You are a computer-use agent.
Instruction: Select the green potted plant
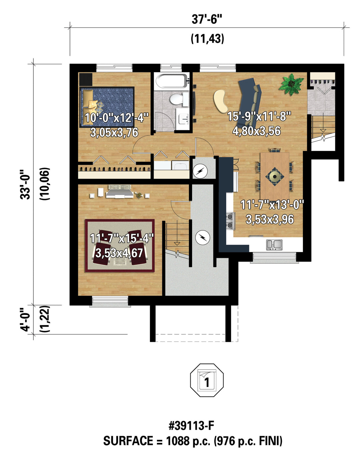[291, 84]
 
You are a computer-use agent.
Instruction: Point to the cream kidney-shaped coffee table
[221, 101]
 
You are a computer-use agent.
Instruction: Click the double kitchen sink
[274, 245]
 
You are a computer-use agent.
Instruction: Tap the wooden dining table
[275, 176]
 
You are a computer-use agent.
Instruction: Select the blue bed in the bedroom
[107, 107]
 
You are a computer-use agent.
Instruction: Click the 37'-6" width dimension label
[207, 20]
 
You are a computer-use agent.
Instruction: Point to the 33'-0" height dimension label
[25, 184]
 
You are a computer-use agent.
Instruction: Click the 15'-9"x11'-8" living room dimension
[259, 117]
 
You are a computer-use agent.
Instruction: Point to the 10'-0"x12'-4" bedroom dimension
[116, 118]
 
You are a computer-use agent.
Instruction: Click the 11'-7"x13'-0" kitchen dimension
[272, 205]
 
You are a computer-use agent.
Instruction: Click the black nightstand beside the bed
[86, 79]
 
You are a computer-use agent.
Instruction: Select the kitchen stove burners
[230, 221]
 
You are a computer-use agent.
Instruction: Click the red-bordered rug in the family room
[120, 246]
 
